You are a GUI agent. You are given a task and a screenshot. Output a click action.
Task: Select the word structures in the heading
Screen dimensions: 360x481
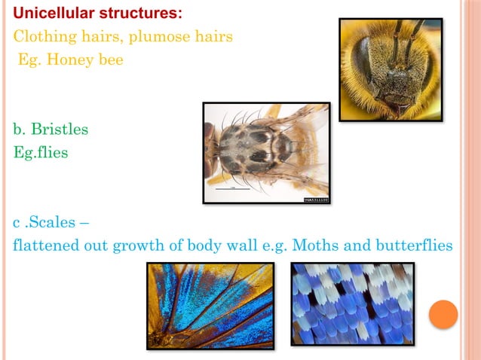(138, 14)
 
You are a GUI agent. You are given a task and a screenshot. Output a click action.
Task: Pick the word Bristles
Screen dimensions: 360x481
(58, 130)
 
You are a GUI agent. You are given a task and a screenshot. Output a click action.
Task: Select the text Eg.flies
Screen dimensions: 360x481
(41, 152)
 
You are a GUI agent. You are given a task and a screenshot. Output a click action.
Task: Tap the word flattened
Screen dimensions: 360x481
(45, 246)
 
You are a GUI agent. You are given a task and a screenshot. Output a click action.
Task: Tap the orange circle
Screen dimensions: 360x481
(443, 314)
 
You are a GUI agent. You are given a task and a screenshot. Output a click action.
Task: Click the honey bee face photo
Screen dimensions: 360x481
(390, 69)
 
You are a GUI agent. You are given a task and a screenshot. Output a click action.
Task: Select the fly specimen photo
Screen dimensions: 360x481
(266, 153)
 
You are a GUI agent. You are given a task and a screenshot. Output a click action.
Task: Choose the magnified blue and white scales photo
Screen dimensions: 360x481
(352, 304)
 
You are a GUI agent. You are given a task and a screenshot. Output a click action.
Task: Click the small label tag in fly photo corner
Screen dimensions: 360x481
(314, 199)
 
